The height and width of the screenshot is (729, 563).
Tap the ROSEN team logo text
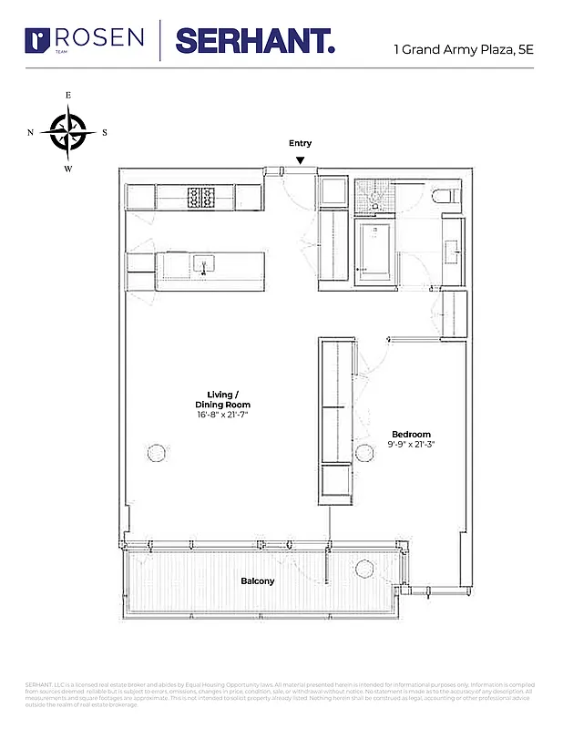[x=99, y=39]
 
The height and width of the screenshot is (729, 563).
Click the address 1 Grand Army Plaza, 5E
[x=463, y=49]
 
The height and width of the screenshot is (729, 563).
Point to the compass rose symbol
[x=68, y=131]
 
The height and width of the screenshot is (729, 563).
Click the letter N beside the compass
[x=31, y=132]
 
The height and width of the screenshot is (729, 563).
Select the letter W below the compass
[x=68, y=169]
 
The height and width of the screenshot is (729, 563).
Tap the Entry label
[x=300, y=143]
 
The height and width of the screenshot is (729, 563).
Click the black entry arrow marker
[x=300, y=161]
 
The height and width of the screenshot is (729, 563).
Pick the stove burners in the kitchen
[x=200, y=197]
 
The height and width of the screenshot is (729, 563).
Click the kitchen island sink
[x=202, y=264]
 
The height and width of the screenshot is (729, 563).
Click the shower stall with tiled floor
[x=374, y=193]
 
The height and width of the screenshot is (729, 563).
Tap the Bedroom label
[x=411, y=434]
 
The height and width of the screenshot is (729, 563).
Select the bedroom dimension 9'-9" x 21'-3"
[x=411, y=447]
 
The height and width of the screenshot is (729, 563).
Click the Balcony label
[x=257, y=580]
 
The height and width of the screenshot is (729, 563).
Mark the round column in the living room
[x=157, y=453]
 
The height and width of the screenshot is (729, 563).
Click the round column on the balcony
[x=363, y=570]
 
